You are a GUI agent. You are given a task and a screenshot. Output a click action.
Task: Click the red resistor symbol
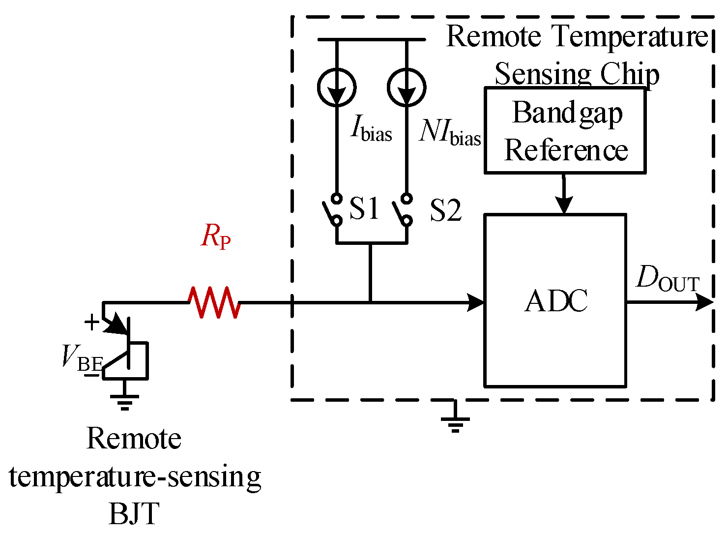[214, 302]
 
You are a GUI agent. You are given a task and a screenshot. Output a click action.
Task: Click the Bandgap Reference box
[565, 131]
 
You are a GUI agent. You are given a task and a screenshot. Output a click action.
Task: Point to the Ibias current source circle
[337, 88]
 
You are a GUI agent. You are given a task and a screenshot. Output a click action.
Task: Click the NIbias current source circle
[407, 88]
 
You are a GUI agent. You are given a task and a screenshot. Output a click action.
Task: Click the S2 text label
[445, 210]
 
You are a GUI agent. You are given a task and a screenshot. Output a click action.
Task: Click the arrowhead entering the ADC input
[476, 302]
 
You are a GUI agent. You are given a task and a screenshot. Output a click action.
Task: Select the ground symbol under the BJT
[125, 401]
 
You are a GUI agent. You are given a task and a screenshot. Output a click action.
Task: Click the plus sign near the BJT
[92, 323]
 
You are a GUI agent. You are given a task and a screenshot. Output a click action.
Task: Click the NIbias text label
[450, 133]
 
